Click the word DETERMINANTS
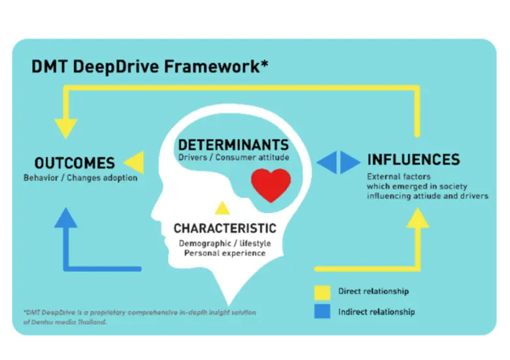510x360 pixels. click(x=233, y=144)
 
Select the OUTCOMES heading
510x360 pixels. click(x=74, y=163)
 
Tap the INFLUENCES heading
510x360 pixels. click(x=413, y=159)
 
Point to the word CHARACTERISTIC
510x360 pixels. click(x=224, y=229)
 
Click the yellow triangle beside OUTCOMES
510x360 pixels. click(x=133, y=162)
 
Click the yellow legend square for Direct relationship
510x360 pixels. click(x=322, y=291)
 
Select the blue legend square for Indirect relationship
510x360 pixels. click(x=322, y=311)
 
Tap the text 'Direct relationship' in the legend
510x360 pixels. click(x=373, y=291)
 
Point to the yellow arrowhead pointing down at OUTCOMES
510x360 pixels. click(x=65, y=128)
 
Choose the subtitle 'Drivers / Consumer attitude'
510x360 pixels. click(x=233, y=157)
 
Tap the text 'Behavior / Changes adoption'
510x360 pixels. click(x=80, y=178)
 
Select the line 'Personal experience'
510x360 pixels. click(x=224, y=253)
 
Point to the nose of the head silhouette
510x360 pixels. click(x=154, y=212)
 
